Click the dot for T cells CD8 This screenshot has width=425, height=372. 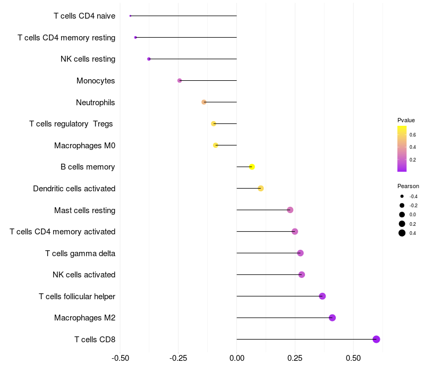tap(376, 340)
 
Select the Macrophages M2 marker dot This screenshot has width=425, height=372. tap(332, 318)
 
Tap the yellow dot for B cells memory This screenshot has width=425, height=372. tap(252, 167)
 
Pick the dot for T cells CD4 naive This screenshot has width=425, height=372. tap(130, 16)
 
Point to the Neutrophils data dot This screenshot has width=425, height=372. tap(203, 102)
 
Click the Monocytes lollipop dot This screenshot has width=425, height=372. tap(180, 81)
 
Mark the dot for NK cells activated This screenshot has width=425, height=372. tap(302, 275)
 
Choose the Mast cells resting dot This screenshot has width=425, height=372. tap(290, 210)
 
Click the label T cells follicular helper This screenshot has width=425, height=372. tap(77, 296)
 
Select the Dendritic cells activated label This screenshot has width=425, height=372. tap(74, 189)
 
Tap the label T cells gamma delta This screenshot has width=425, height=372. tap(80, 253)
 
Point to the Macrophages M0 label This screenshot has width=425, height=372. tap(84, 145)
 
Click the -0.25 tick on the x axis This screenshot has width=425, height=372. tap(178, 358)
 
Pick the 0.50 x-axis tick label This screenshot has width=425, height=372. tap(353, 358)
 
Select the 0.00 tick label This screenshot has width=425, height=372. tap(236, 358)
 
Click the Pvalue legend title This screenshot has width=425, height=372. tap(406, 120)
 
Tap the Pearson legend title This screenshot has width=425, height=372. tap(408, 186)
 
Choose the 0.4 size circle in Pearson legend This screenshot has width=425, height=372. tap(402, 233)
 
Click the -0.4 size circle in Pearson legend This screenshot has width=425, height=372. tap(402, 196)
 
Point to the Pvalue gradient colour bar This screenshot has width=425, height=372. tap(402, 149)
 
